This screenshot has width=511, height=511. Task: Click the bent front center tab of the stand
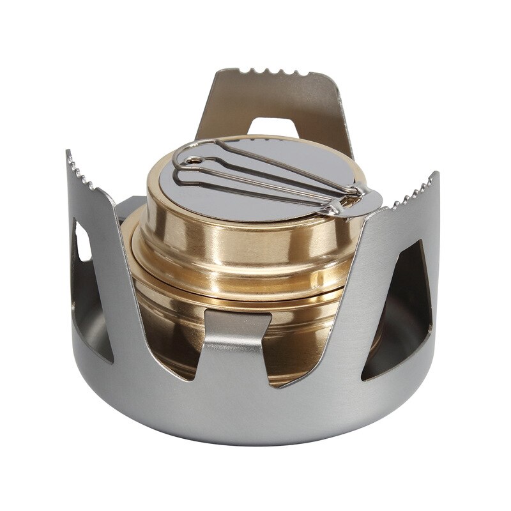(236, 345)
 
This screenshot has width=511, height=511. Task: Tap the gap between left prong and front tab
(172, 332)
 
